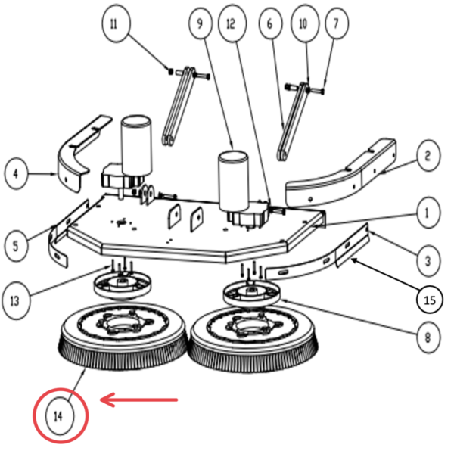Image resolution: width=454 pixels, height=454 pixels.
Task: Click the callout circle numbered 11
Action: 114,23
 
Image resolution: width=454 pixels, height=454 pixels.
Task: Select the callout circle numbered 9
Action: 200,24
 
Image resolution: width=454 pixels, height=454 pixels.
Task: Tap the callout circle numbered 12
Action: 231,24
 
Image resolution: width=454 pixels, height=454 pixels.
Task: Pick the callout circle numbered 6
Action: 269,24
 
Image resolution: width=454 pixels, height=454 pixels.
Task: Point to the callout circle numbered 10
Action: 303,24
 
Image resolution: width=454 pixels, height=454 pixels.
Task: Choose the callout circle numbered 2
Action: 428,157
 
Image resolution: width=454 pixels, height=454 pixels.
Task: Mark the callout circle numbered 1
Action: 428,213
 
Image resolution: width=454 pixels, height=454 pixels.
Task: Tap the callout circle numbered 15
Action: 429,300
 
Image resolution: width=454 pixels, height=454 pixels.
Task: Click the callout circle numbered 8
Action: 428,337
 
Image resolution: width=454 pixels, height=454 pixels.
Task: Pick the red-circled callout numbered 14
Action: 60,415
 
